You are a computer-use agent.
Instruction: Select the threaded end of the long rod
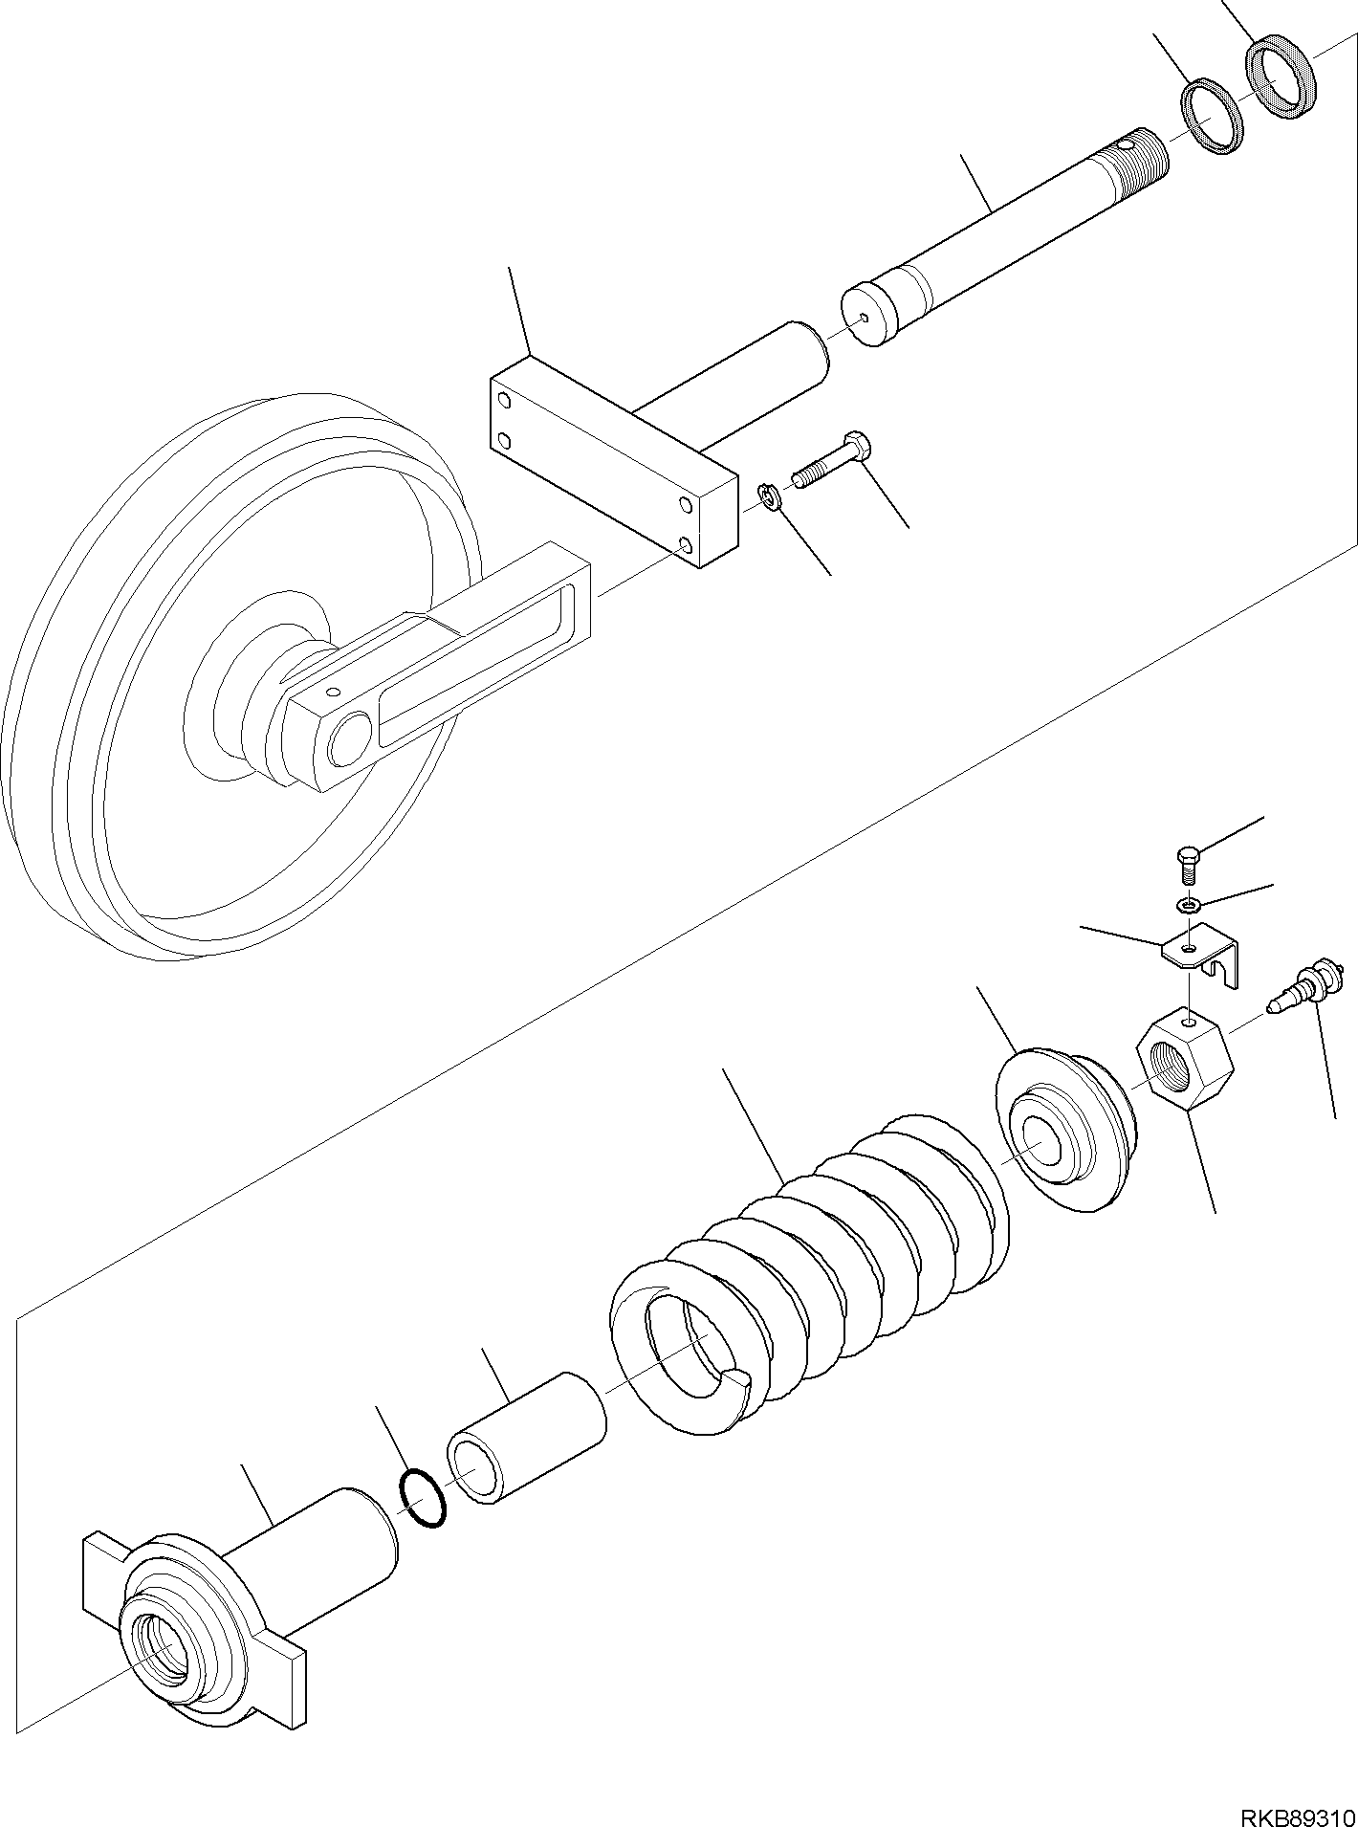tap(1138, 159)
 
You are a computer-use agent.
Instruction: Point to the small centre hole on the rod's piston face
tap(864, 319)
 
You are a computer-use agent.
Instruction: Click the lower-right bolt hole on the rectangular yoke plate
tap(685, 545)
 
